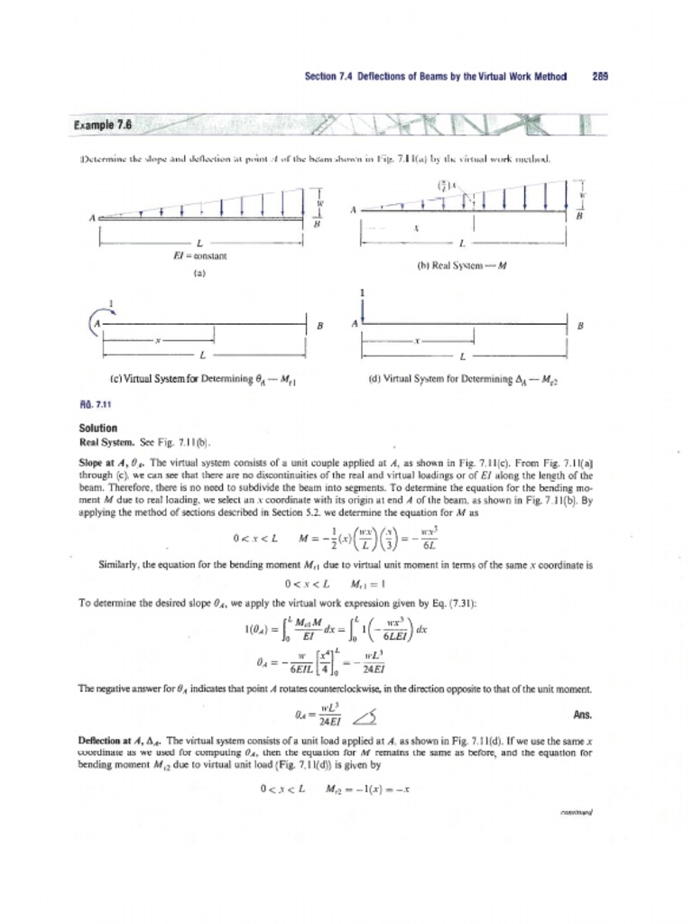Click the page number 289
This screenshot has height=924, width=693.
[x=600, y=77]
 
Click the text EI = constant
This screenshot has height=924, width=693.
[x=199, y=256]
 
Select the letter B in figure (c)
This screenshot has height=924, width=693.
[x=319, y=327]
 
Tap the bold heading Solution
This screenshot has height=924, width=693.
[x=99, y=428]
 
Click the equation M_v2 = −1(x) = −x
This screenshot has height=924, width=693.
[x=369, y=788]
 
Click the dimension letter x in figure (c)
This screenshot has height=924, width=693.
[x=158, y=342]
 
